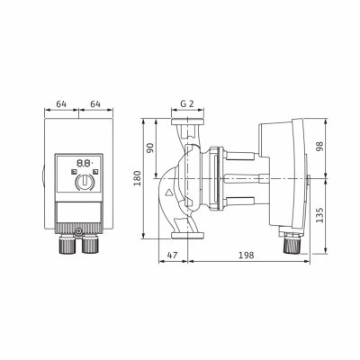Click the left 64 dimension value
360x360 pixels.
pos(61,104)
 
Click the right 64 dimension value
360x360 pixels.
pos(95,104)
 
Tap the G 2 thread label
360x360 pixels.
pos(187,103)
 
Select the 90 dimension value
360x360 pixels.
pos(150,148)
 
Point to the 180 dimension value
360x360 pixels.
pos(137,178)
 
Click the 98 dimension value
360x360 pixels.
pos(320,147)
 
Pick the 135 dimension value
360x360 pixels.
pos(320,215)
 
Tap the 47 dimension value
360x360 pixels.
pos(172,256)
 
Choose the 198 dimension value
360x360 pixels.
pos(247,256)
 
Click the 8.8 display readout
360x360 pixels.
pos(85,164)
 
